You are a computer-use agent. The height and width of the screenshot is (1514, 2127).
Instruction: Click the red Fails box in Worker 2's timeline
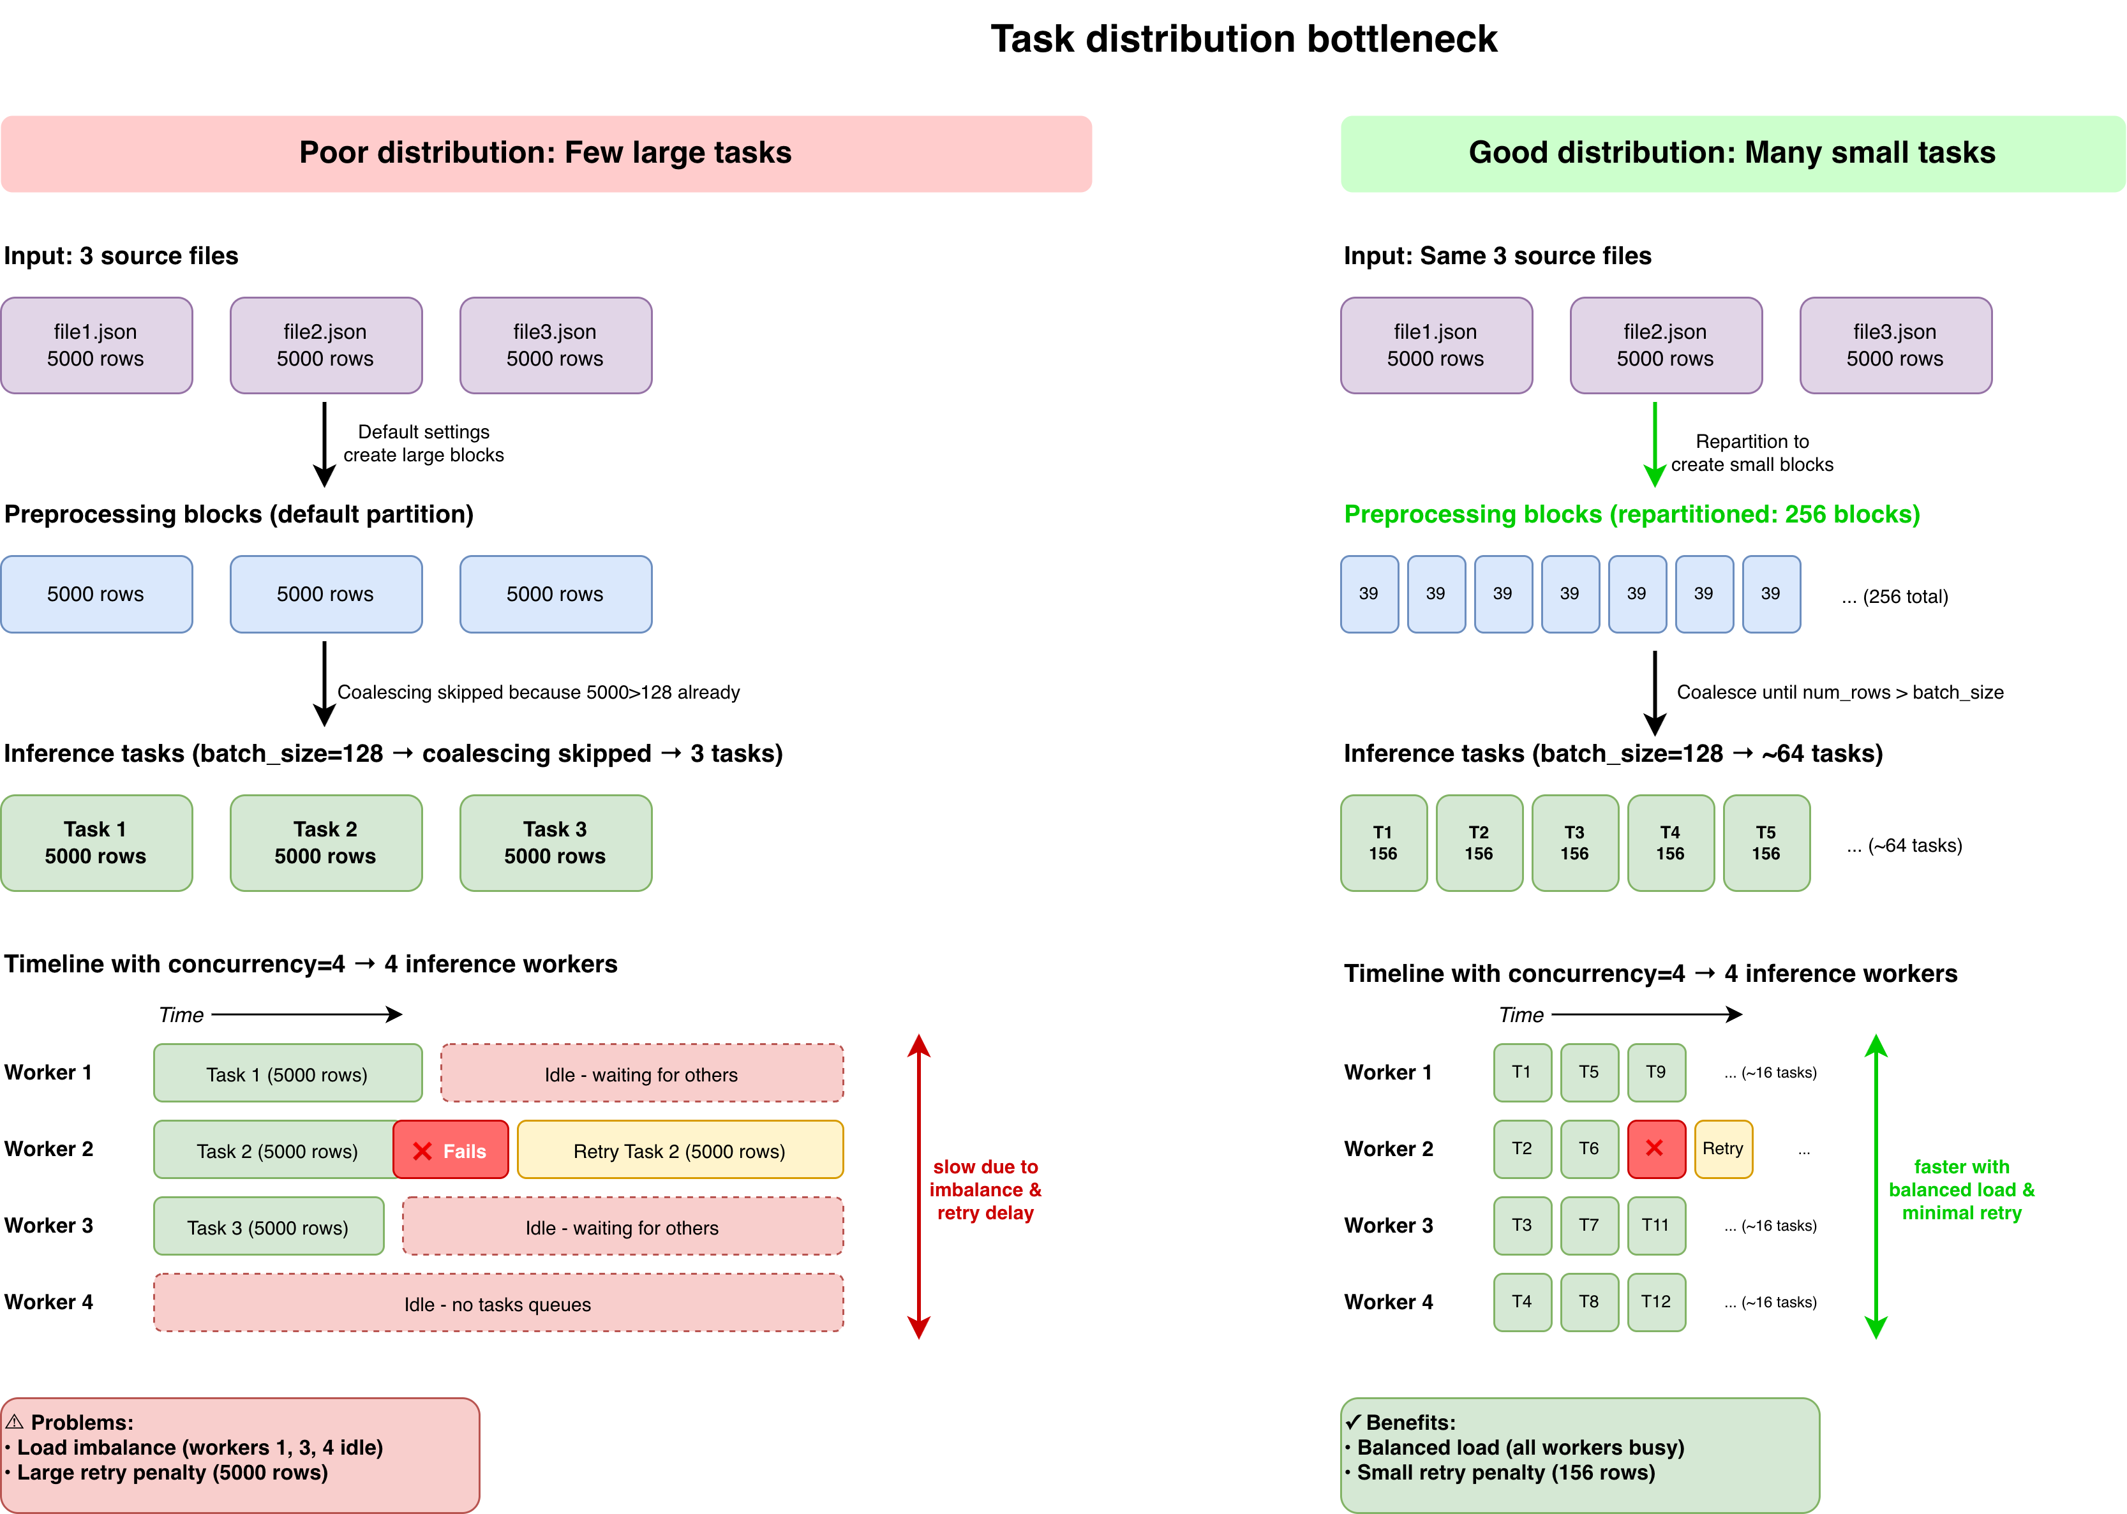tap(451, 1150)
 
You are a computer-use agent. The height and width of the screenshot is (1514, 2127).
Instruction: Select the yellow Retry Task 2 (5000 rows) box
tap(680, 1150)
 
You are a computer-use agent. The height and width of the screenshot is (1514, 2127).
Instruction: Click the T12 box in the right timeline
tap(1655, 1302)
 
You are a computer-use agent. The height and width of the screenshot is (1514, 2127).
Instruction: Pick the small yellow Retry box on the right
tap(1722, 1148)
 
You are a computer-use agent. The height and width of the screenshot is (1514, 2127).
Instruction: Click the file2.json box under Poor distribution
tap(325, 345)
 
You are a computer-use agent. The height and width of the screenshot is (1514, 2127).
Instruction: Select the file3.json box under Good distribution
tap(1895, 345)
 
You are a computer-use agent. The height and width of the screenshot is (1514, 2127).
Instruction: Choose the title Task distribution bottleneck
tap(1243, 39)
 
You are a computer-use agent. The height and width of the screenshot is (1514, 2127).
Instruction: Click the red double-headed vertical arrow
tap(918, 1186)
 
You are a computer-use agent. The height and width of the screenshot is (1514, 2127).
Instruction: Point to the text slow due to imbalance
tap(985, 1189)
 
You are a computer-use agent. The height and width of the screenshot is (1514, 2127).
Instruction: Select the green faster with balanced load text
tap(1961, 1189)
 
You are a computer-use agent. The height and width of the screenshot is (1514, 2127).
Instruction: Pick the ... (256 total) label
tap(1894, 597)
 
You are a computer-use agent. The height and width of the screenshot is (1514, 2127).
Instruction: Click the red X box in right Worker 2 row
tap(1655, 1148)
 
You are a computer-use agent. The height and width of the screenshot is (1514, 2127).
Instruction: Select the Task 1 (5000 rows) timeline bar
tap(287, 1073)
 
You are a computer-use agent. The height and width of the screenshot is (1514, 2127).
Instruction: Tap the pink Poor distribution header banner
tap(546, 154)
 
